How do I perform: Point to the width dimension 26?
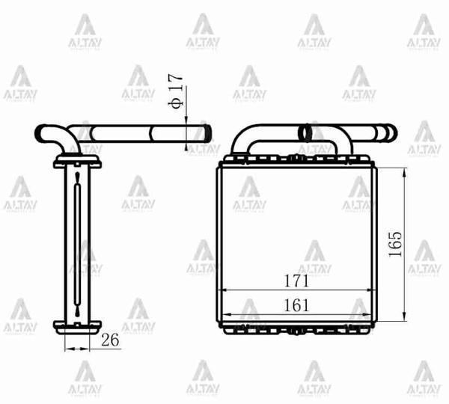click(x=110, y=340)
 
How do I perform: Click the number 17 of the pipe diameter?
click(x=177, y=82)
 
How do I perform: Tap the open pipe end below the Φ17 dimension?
click(x=203, y=134)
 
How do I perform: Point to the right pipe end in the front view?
click(x=385, y=133)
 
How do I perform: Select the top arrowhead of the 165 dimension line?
click(x=405, y=173)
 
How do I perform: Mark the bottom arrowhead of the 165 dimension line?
click(x=405, y=313)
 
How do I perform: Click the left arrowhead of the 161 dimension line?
click(x=225, y=314)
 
